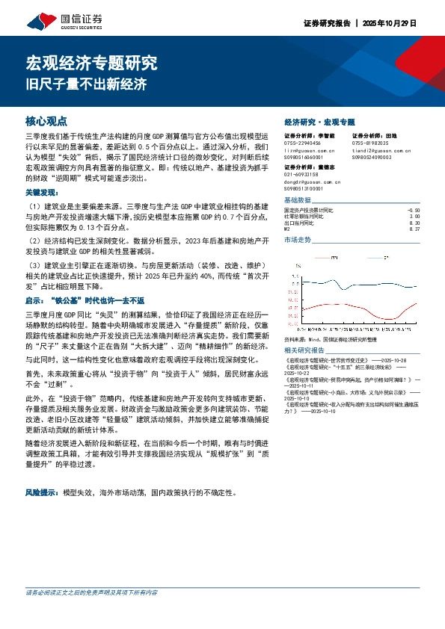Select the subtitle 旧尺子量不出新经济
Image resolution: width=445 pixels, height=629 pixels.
[87, 83]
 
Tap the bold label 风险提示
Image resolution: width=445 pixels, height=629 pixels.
[43, 493]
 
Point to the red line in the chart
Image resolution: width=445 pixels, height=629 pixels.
[374, 303]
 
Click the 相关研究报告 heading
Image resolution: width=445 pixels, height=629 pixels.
[305, 350]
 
